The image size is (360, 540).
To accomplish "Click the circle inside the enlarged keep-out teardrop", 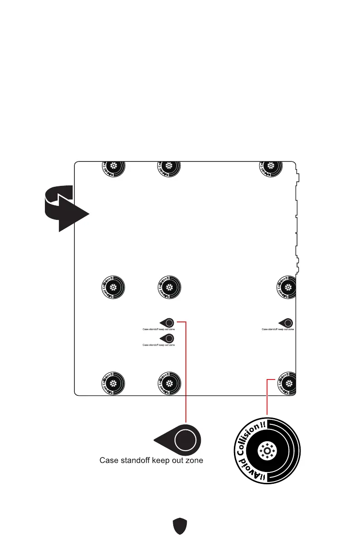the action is (185, 440).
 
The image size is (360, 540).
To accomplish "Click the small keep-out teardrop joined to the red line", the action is (167, 322).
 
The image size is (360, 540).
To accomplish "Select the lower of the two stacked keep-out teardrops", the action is (167, 338).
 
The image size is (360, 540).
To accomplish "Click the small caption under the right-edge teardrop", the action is (277, 330).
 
